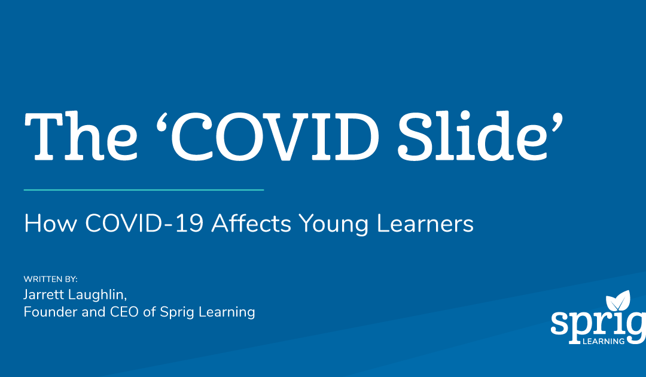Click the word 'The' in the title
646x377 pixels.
tap(81, 136)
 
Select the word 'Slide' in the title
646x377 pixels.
tap(473, 136)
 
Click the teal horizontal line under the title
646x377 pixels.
tap(144, 190)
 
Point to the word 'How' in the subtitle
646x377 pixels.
tap(51, 223)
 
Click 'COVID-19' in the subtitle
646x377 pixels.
tap(144, 223)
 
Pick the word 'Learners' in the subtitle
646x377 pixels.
tap(425, 223)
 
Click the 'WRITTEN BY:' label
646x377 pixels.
tap(51, 279)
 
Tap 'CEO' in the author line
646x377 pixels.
tap(124, 312)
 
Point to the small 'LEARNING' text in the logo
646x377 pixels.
tap(604, 341)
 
